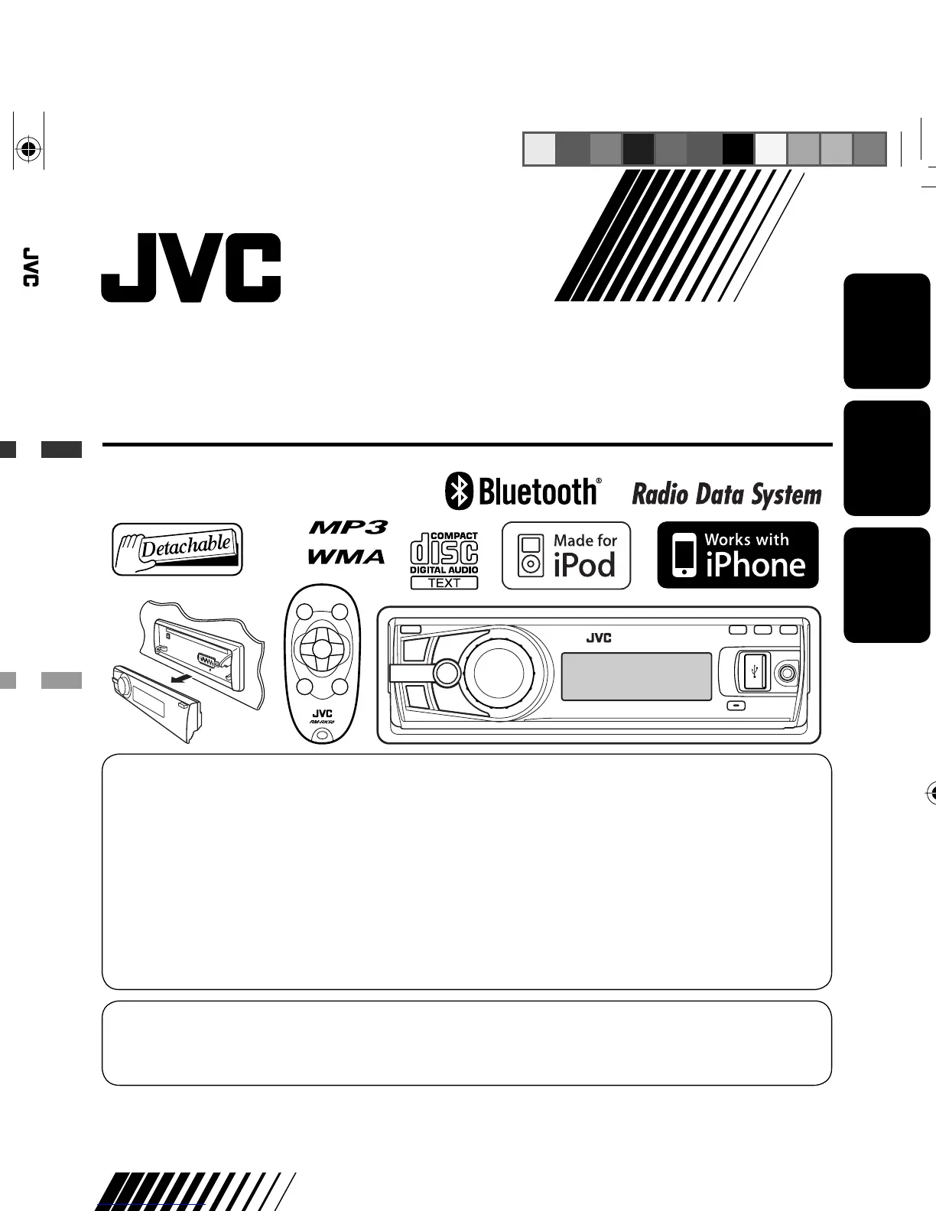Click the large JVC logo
pos(191,268)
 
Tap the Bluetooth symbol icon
pos(459,492)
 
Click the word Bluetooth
pos(538,492)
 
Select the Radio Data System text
pos(726,495)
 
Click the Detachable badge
pos(177,549)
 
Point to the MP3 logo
pos(348,528)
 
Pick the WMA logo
pos(346,557)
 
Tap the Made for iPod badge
pos(566,556)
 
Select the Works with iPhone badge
pos(738,555)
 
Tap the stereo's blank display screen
pos(636,677)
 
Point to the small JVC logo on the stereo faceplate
pos(599,638)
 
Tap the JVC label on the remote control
pos(322,714)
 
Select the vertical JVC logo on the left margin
pos(30,267)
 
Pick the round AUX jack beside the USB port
pos(786,674)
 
